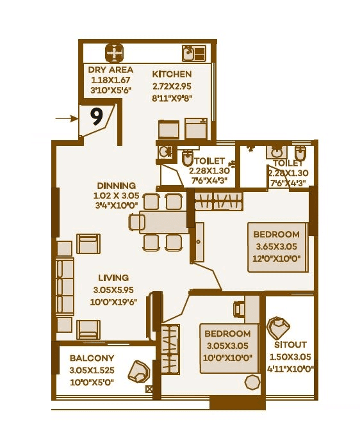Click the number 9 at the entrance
tap(97, 116)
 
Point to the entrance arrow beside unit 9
tap(65, 118)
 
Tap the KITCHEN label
tap(172, 75)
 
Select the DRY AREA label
tap(110, 70)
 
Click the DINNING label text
tap(116, 186)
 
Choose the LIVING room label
tap(113, 278)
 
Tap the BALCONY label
tap(92, 358)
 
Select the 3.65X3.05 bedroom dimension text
tap(276, 246)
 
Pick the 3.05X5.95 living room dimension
tap(113, 289)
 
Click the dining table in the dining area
tap(164, 222)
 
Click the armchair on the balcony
tap(138, 371)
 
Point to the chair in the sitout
tap(279, 328)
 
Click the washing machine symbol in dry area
tap(113, 52)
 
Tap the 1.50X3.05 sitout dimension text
tap(290, 357)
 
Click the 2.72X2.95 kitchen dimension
tap(172, 86)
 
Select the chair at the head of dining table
tap(136, 222)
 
